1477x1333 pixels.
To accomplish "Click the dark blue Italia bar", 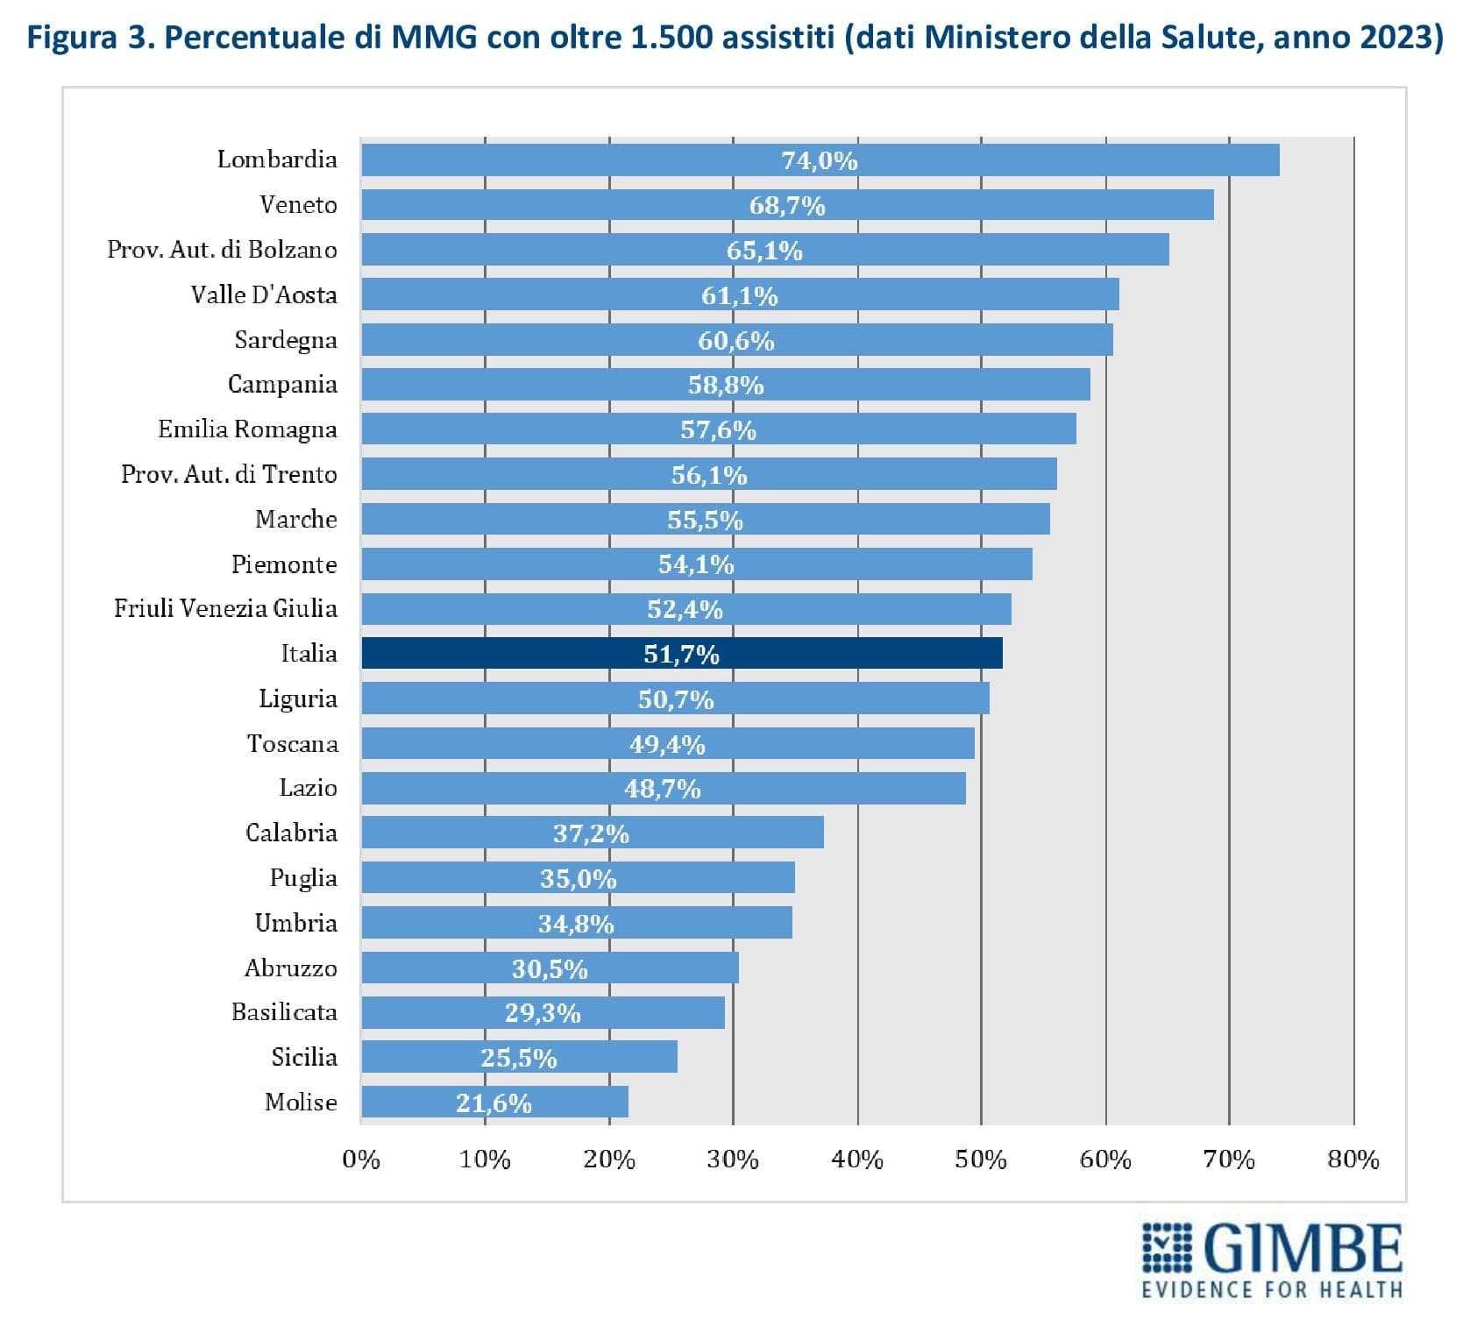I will point(681,653).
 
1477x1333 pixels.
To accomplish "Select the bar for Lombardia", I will point(820,160).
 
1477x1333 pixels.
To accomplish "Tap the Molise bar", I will point(494,1102).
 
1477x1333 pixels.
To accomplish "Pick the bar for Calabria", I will point(592,832).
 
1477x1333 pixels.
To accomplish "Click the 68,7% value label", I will point(787,205).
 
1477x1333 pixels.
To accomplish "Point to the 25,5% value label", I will point(519,1058).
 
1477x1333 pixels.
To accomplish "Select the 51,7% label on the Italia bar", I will point(681,654).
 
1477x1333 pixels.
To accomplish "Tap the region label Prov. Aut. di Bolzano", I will point(222,250).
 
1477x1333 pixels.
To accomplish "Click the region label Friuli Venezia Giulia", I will point(225,608).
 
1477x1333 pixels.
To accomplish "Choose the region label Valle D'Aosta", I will point(264,294).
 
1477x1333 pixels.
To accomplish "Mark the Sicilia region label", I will point(304,1057).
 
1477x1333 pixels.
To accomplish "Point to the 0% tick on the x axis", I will point(361,1159).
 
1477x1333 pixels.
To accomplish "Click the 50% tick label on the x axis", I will point(981,1159).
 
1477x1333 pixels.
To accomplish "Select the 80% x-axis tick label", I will point(1353,1159).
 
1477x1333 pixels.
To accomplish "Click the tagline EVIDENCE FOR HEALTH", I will point(1272,1289).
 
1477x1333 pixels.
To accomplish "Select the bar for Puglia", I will point(578,877).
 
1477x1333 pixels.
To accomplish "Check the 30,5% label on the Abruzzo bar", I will point(550,968).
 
